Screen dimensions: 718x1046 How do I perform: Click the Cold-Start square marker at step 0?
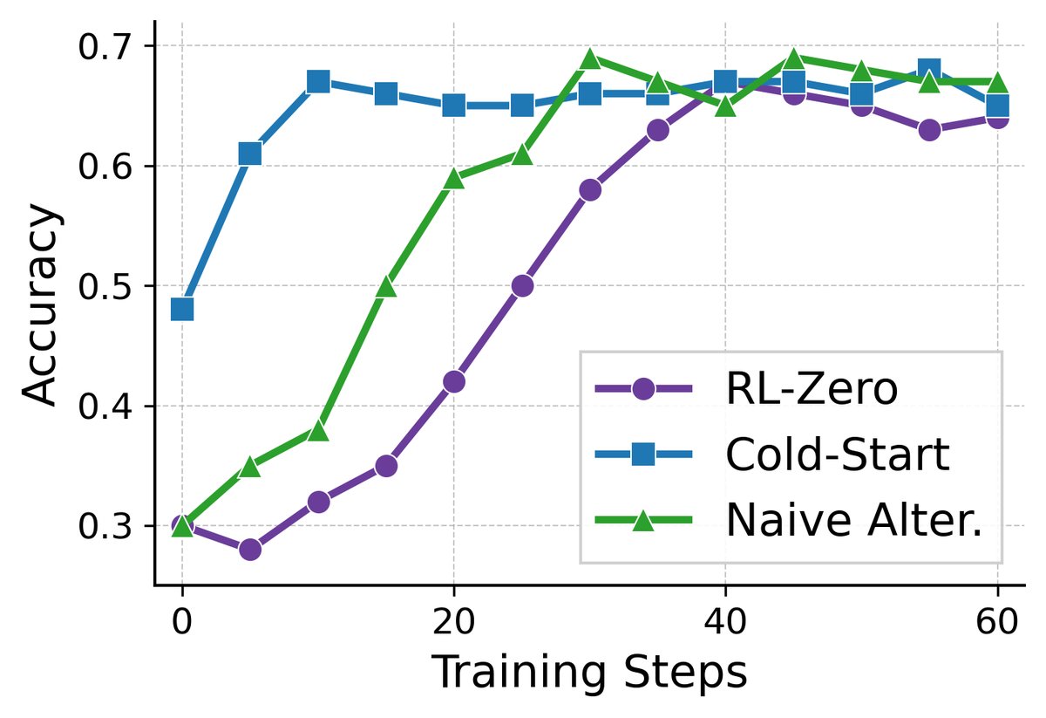pos(182,309)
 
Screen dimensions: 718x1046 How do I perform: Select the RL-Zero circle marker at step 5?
pos(250,550)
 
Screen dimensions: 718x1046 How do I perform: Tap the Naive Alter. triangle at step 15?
pos(386,286)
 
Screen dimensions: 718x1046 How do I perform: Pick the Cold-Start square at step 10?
pos(318,82)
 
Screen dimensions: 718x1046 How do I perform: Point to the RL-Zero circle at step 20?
pos(454,381)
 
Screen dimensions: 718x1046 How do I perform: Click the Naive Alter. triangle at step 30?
pos(590,58)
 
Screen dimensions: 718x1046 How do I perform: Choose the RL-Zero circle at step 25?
pos(522,286)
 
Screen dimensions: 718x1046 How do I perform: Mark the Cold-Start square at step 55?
pos(929,70)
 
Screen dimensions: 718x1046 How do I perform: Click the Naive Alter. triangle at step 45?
pos(793,58)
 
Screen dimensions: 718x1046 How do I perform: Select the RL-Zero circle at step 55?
pos(929,130)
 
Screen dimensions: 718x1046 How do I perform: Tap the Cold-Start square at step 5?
pos(250,154)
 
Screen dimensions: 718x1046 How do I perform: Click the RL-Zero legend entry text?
pos(811,389)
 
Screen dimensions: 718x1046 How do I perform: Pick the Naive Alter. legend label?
pos(854,521)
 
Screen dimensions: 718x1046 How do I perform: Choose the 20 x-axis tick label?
pos(454,626)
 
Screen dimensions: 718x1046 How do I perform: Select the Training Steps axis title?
pos(589,674)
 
